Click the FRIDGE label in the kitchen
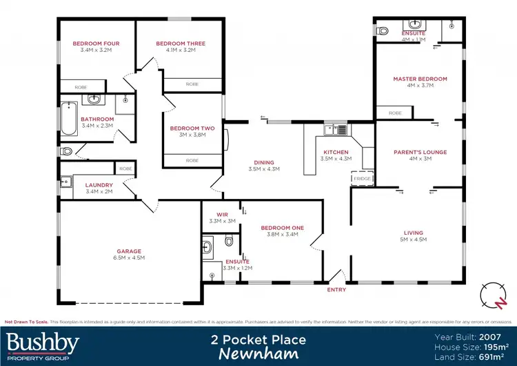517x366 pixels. click(362, 179)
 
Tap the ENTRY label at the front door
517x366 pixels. click(337, 290)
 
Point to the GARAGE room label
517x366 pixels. click(129, 251)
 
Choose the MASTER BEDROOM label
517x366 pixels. click(420, 79)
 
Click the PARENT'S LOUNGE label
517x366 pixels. click(420, 152)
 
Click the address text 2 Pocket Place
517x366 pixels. click(258, 340)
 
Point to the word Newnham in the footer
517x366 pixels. click(258, 354)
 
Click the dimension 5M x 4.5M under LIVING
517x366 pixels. click(414, 240)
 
